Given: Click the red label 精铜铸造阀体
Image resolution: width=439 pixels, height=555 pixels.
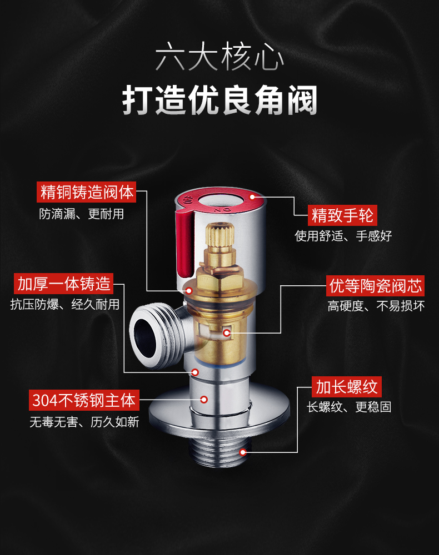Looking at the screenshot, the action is point(87,192).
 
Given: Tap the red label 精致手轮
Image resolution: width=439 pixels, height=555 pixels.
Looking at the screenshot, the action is point(342,215).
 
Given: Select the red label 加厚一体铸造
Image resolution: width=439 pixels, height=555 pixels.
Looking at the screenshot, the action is point(64,284).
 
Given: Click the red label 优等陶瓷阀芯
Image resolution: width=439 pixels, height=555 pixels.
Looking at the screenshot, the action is point(375,286).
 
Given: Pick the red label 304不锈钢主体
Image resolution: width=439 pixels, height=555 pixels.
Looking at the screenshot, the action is point(84,400).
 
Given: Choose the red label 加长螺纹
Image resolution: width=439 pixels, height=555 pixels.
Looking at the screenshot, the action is point(347,387).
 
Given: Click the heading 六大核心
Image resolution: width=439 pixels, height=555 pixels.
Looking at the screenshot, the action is point(219,57).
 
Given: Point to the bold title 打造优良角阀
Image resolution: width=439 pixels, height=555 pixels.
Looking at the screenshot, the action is point(219,100).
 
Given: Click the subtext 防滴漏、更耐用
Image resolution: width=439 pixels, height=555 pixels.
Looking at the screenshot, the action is point(82,214).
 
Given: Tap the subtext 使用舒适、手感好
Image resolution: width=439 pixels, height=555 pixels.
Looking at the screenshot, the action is point(343,236).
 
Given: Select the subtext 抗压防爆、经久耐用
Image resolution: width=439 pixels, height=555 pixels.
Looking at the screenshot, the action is point(65,304).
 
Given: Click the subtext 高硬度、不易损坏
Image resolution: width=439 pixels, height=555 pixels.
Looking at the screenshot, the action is point(376,306).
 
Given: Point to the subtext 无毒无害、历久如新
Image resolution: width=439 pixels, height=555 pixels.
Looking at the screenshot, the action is point(84,422).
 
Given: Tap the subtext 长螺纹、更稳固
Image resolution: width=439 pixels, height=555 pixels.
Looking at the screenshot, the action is point(349,407).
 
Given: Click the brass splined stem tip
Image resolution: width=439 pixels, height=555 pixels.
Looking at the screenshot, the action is point(219,234).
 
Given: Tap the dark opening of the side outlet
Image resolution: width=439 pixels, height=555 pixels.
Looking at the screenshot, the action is point(145,337).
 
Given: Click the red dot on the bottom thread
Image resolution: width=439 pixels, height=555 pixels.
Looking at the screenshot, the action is point(243,452).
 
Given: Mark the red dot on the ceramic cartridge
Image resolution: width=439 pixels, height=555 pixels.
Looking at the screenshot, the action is point(227,332).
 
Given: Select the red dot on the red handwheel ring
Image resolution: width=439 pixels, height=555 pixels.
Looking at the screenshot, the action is point(253,197).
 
